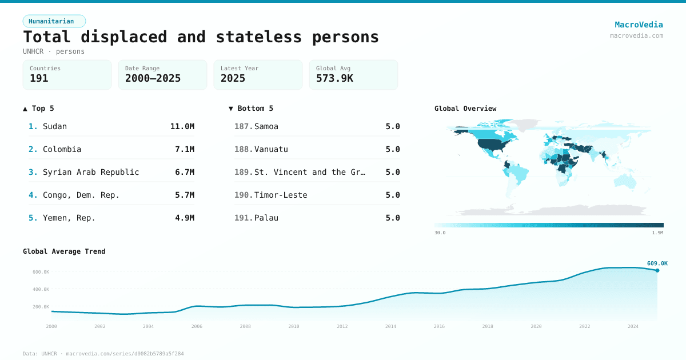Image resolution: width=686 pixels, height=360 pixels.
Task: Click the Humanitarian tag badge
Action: pos(54,21)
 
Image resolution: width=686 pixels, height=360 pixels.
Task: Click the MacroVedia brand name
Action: pos(639,25)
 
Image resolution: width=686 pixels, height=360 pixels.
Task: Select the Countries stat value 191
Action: pos(39,78)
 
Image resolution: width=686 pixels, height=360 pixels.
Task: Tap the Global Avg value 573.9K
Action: pos(334,78)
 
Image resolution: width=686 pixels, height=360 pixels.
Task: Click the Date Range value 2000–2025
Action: pos(153,78)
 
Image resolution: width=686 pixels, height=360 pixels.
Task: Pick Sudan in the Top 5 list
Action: pos(55,126)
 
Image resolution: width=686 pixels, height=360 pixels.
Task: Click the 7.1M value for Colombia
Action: pos(184,149)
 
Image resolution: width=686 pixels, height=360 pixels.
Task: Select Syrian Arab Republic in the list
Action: pos(91,172)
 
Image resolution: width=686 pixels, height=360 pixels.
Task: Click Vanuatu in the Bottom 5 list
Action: pos(271,149)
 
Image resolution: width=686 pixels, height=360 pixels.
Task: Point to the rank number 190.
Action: pos(243,195)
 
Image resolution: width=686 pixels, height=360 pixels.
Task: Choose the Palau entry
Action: pos(266,218)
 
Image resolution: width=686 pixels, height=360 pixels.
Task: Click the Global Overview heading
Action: pos(465,109)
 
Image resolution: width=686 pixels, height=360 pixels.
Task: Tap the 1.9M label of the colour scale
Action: pos(657,233)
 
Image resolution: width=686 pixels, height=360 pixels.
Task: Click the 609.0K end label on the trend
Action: pos(657,263)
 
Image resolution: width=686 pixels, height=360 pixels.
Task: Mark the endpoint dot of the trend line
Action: pos(657,270)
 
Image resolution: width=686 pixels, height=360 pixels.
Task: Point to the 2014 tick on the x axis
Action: pos(390,326)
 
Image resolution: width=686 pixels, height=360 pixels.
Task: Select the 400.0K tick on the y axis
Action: pos(41,289)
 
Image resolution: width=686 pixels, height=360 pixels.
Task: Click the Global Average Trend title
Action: pos(64,251)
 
